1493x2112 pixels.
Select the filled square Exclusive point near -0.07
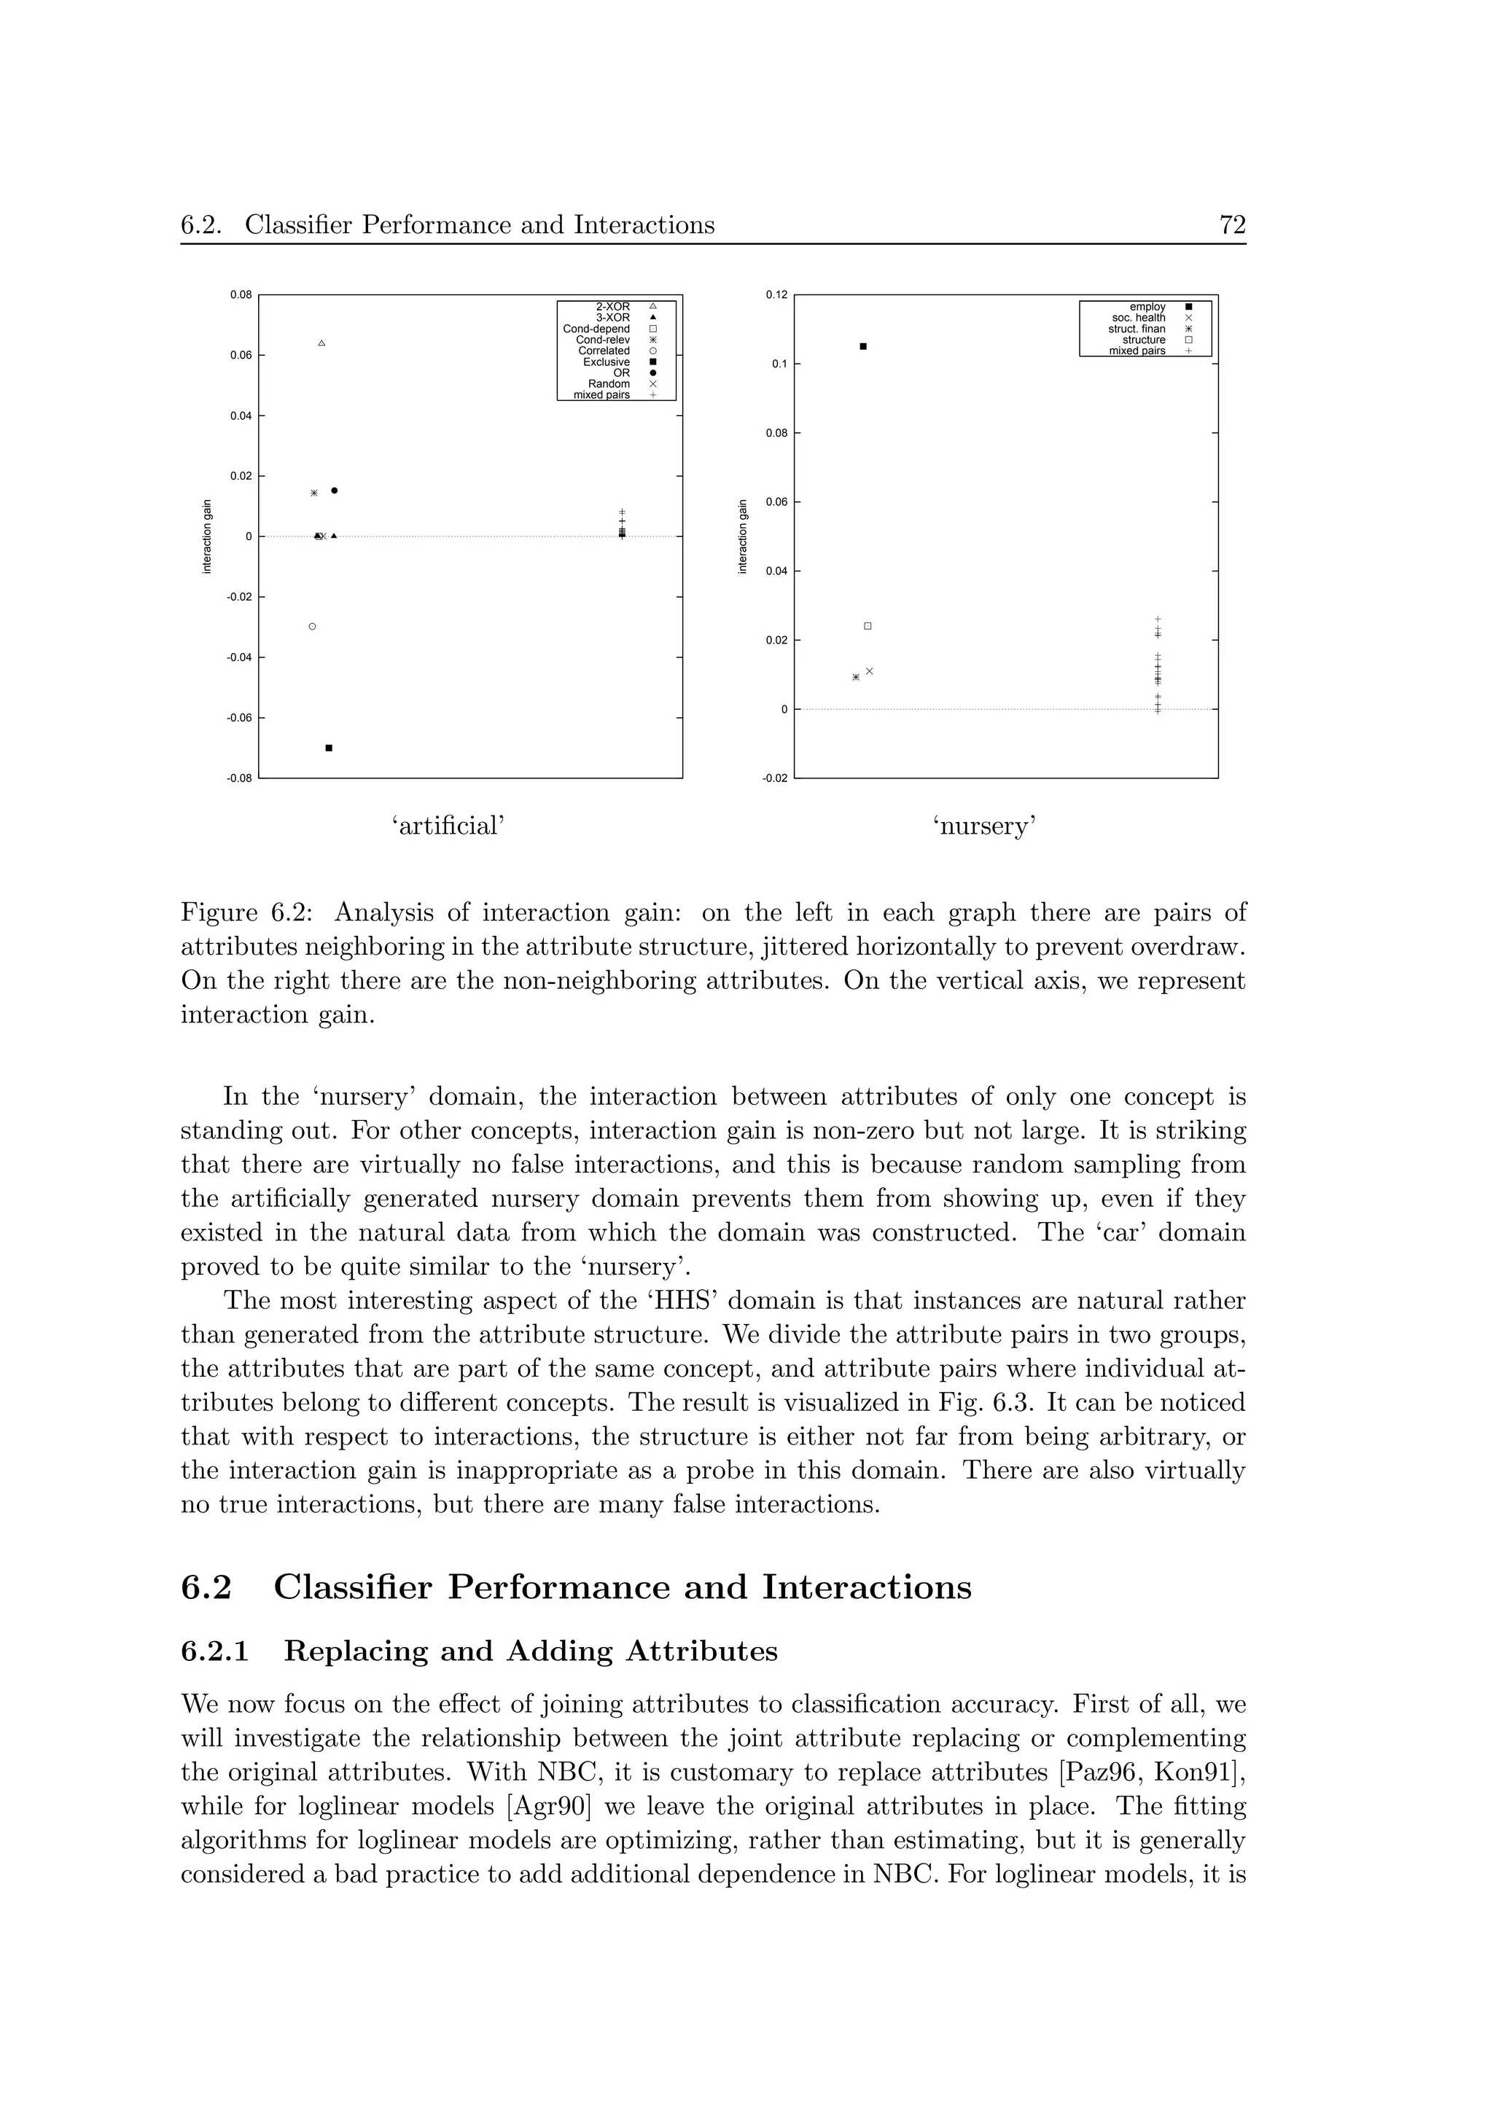pyautogui.click(x=328, y=748)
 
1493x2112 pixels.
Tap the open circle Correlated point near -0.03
pyautogui.click(x=313, y=627)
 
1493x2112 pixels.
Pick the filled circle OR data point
pyautogui.click(x=334, y=490)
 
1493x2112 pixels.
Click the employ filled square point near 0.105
pyautogui.click(x=863, y=346)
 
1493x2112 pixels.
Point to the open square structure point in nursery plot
pyautogui.click(x=868, y=627)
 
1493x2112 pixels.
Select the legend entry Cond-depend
pyautogui.click(x=596, y=329)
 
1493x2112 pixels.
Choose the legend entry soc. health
pyautogui.click(x=1138, y=317)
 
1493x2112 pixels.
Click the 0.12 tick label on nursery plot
pyautogui.click(x=776, y=295)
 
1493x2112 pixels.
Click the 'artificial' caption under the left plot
pyautogui.click(x=450, y=826)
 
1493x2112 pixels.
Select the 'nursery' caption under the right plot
pyautogui.click(x=985, y=826)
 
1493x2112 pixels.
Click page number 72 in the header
pyautogui.click(x=1232, y=225)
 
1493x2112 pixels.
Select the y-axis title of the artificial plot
pyautogui.click(x=207, y=536)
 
